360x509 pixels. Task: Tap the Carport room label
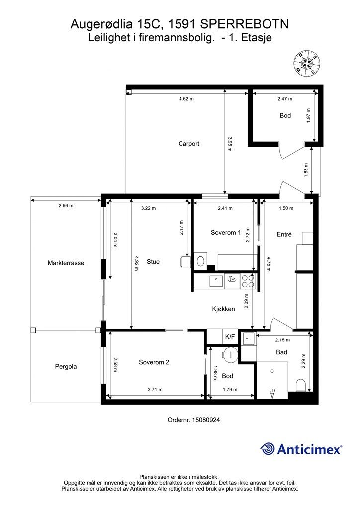pyautogui.click(x=188, y=144)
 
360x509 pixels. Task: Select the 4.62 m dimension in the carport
pyautogui.click(x=186, y=99)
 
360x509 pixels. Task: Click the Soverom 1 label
pyautogui.click(x=226, y=233)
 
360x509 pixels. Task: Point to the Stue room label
pyautogui.click(x=153, y=262)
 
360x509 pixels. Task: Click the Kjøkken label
pyautogui.click(x=223, y=309)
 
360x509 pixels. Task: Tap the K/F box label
pyautogui.click(x=230, y=337)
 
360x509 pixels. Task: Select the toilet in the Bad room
pyautogui.click(x=301, y=385)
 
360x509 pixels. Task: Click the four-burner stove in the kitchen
pyautogui.click(x=248, y=281)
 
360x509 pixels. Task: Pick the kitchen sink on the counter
pyautogui.click(x=216, y=281)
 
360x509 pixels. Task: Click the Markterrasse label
pyautogui.click(x=66, y=263)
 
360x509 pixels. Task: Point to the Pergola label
pyautogui.click(x=66, y=366)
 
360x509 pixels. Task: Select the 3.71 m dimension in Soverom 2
pyautogui.click(x=155, y=389)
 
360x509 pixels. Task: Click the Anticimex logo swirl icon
pyautogui.click(x=268, y=449)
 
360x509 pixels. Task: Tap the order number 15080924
pyautogui.click(x=206, y=420)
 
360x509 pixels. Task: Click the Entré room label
pyautogui.click(x=284, y=234)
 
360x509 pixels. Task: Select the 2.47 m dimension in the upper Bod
pyautogui.click(x=285, y=99)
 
